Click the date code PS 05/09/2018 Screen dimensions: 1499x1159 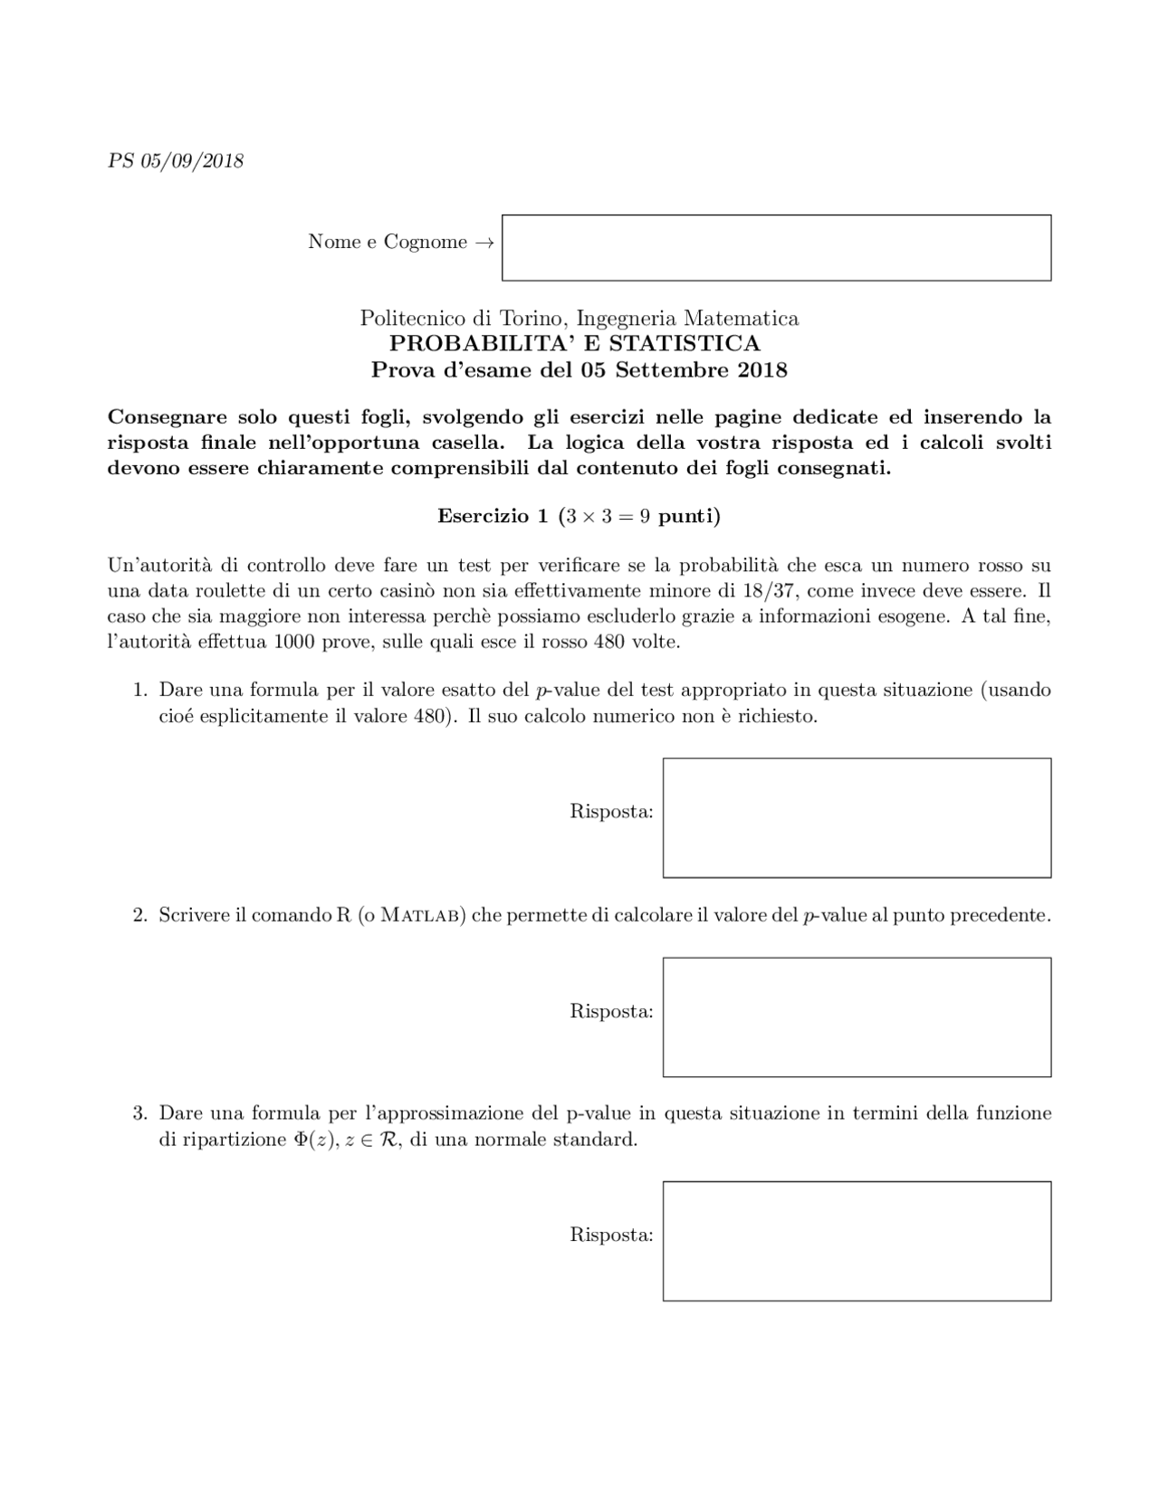click(176, 161)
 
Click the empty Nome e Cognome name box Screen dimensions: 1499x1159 click(776, 247)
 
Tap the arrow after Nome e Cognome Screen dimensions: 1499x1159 click(484, 243)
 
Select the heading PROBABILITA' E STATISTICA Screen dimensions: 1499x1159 click(575, 344)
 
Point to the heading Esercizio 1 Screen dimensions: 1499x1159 click(493, 516)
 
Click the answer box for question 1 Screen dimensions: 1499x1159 click(857, 817)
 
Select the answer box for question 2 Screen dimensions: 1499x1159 click(857, 1017)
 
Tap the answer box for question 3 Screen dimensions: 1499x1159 click(857, 1240)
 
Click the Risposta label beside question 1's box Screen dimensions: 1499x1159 click(611, 812)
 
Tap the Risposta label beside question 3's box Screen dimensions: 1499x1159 click(611, 1235)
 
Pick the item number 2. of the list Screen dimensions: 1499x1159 click(139, 915)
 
